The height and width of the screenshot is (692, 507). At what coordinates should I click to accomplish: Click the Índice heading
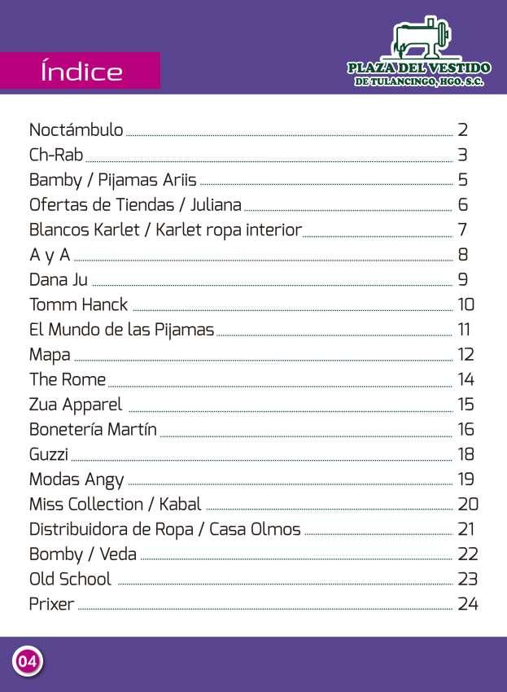(81, 72)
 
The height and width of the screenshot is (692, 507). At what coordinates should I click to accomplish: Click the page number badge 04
(27, 661)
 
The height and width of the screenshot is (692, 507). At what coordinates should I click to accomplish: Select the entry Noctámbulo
(76, 130)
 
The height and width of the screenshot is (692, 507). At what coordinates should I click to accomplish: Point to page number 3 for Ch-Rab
(462, 155)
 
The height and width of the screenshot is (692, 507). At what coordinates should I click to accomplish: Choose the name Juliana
(216, 205)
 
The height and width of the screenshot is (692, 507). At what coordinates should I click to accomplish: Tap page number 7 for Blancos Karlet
(462, 230)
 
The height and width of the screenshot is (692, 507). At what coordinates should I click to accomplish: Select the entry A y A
(50, 256)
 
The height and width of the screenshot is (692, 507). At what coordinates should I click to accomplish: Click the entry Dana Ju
(58, 280)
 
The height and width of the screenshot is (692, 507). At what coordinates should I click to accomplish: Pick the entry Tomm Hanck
(78, 305)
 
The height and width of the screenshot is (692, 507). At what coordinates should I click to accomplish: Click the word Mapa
(50, 355)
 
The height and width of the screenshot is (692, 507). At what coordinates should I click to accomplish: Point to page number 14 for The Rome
(465, 380)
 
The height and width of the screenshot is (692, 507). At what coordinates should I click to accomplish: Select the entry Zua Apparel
(76, 405)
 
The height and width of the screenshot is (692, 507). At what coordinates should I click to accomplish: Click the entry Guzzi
(49, 454)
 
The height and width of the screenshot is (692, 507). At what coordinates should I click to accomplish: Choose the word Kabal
(179, 505)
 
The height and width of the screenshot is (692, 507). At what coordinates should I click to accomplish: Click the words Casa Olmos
(255, 530)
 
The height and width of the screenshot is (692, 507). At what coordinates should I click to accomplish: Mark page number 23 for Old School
(467, 580)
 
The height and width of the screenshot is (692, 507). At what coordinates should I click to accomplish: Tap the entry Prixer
(51, 605)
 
